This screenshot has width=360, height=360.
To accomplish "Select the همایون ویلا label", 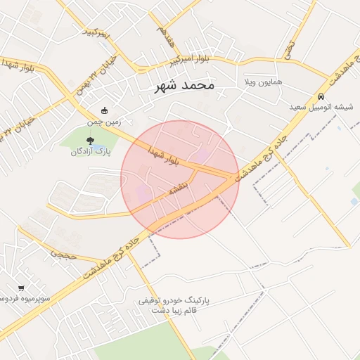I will tap(262, 82).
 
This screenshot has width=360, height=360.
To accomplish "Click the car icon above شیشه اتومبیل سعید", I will tap(321, 96).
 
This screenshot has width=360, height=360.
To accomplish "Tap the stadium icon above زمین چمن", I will tap(105, 110).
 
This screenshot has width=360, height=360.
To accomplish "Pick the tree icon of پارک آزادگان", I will tap(89, 141).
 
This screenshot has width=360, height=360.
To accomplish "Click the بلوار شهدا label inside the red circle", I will tap(165, 156).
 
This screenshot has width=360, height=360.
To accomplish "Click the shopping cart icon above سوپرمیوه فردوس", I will tap(21, 288).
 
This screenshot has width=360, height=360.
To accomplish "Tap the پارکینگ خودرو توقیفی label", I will tap(179, 300).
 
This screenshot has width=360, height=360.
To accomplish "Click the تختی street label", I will tap(289, 47).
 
